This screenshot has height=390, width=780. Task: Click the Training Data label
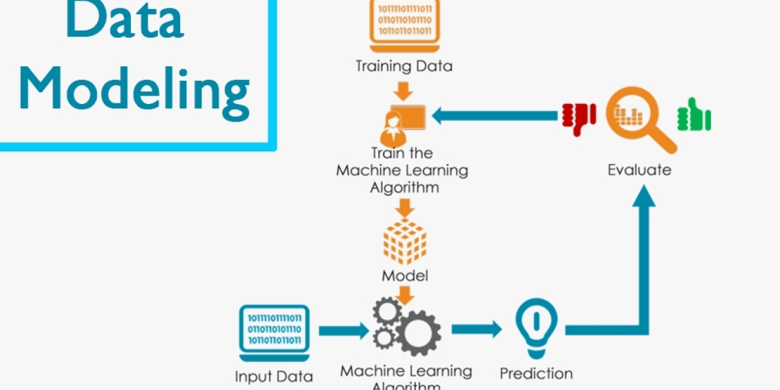[x=404, y=66]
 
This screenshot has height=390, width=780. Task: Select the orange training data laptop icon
[x=404, y=26]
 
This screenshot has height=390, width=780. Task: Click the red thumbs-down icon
[x=578, y=118]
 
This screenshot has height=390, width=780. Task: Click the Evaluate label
[x=639, y=170]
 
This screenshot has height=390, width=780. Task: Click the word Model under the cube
[x=405, y=276]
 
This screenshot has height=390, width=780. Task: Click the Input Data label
[x=274, y=376]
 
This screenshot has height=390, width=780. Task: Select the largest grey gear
[x=416, y=333]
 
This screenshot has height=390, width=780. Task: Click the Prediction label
[x=536, y=374]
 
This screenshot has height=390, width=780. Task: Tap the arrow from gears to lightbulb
[x=476, y=329]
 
